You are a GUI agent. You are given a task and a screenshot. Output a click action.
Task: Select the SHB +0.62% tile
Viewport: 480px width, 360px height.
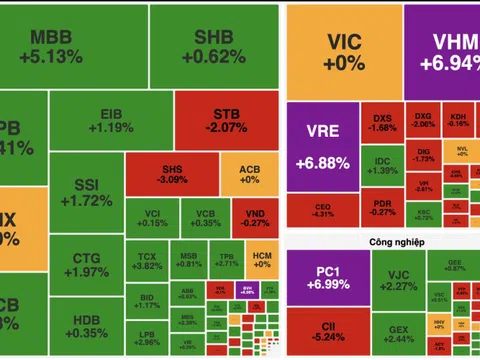pos(212,47)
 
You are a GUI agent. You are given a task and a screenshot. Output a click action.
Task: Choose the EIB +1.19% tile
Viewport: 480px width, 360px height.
pos(117,121)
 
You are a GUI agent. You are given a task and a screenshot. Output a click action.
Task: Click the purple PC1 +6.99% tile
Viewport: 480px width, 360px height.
pos(322,279)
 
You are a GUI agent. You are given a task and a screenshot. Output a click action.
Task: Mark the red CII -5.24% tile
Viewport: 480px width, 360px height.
pos(322,333)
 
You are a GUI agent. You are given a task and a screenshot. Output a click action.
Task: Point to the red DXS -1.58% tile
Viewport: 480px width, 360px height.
pos(382,122)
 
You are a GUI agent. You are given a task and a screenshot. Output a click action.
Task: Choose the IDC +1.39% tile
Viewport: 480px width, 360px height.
pos(382,166)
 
